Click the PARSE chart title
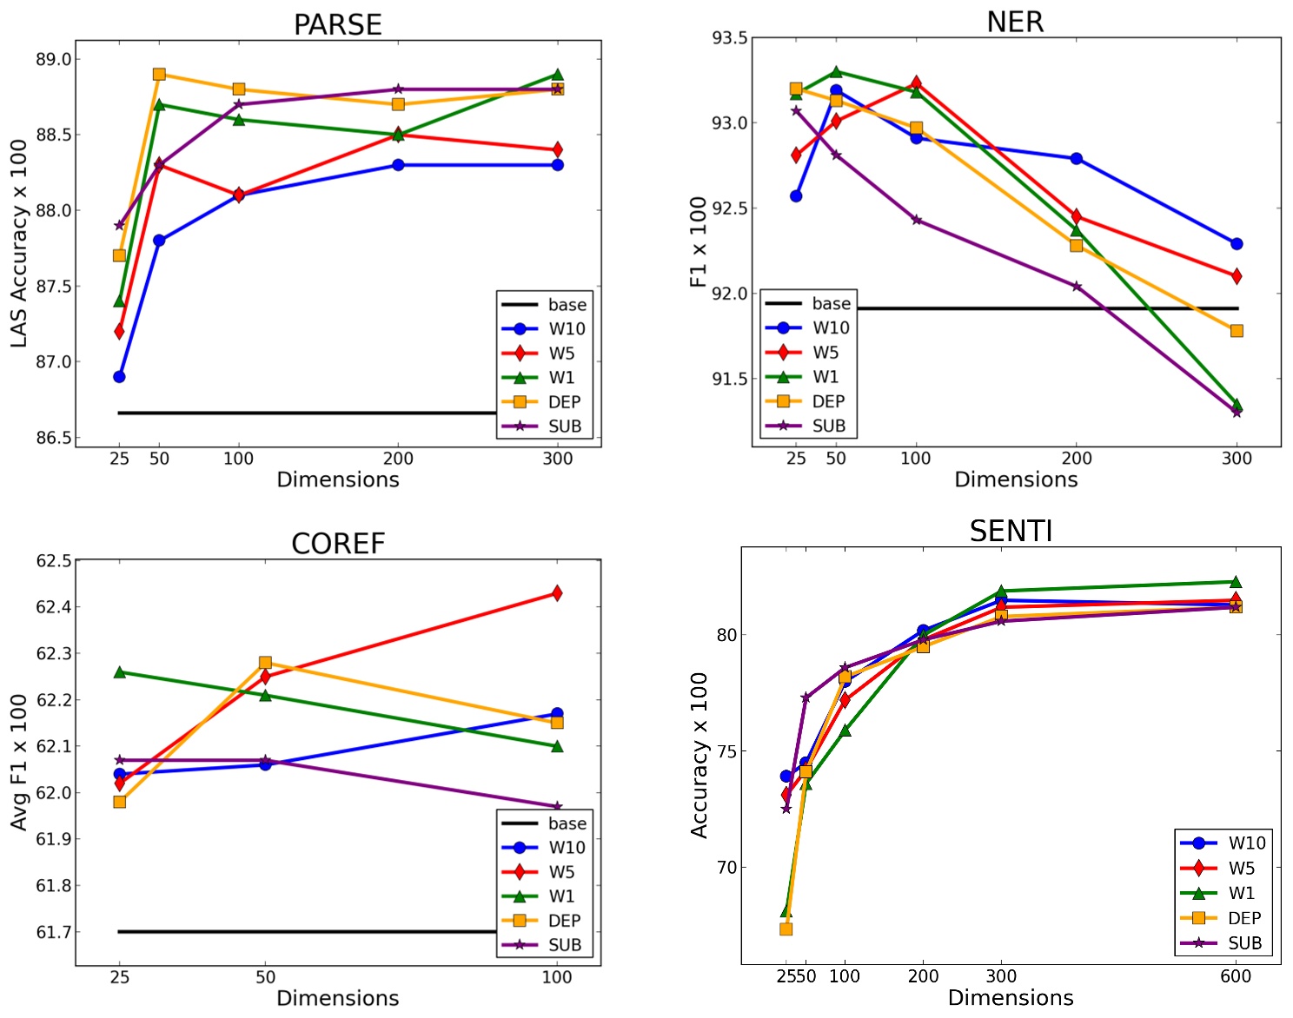click(337, 24)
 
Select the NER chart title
click(1015, 22)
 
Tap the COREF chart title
click(337, 544)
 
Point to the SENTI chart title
click(1011, 531)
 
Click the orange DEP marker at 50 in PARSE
click(159, 74)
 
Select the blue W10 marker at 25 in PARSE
click(119, 376)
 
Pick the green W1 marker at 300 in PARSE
click(557, 75)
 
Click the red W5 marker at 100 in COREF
click(557, 593)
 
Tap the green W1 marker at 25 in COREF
click(120, 672)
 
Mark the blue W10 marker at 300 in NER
click(1237, 244)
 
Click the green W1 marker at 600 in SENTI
click(1236, 582)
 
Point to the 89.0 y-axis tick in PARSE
click(54, 59)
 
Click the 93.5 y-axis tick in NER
click(730, 37)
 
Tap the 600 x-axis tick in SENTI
click(1236, 976)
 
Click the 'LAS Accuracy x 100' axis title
click(19, 243)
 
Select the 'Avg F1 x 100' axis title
click(19, 762)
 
